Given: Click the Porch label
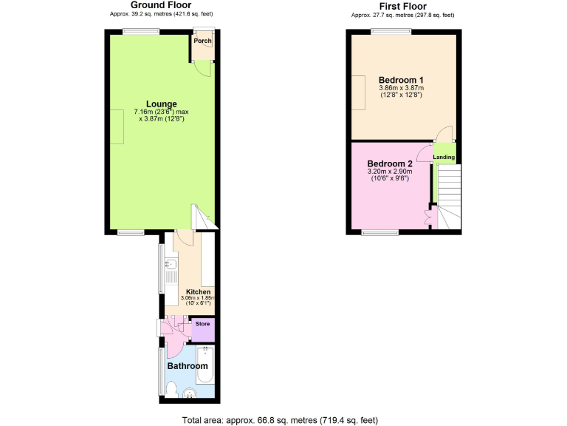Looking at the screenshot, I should (202, 41).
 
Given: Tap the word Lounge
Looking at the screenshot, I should (161, 104).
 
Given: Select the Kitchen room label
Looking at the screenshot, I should (198, 292).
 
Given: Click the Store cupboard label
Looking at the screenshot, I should (202, 323).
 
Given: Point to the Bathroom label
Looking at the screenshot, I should (187, 366).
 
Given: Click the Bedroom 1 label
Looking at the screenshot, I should (401, 80).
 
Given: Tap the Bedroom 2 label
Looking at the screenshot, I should (389, 163).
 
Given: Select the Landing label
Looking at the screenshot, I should (444, 157).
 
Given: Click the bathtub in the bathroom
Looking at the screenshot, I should (205, 364).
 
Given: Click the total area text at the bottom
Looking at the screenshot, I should (280, 419).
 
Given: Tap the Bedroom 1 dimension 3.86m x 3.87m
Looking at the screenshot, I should (401, 88).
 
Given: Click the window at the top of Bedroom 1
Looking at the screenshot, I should (391, 31).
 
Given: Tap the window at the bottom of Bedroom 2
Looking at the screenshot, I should (380, 233).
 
